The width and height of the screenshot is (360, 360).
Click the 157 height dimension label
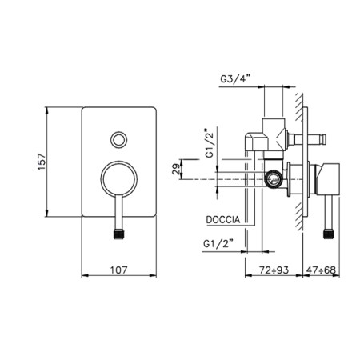(42, 162)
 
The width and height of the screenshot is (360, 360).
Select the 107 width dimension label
(119, 270)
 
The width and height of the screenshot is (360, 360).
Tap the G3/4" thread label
(235, 79)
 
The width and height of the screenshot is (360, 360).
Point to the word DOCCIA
(223, 220)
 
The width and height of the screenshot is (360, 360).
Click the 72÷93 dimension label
(274, 270)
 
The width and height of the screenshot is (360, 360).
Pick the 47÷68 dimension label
(321, 270)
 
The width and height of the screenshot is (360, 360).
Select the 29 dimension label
(176, 169)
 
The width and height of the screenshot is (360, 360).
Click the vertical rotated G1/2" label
(210, 143)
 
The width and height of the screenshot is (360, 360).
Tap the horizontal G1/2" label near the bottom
(218, 244)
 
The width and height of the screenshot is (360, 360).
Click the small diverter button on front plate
(119, 140)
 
